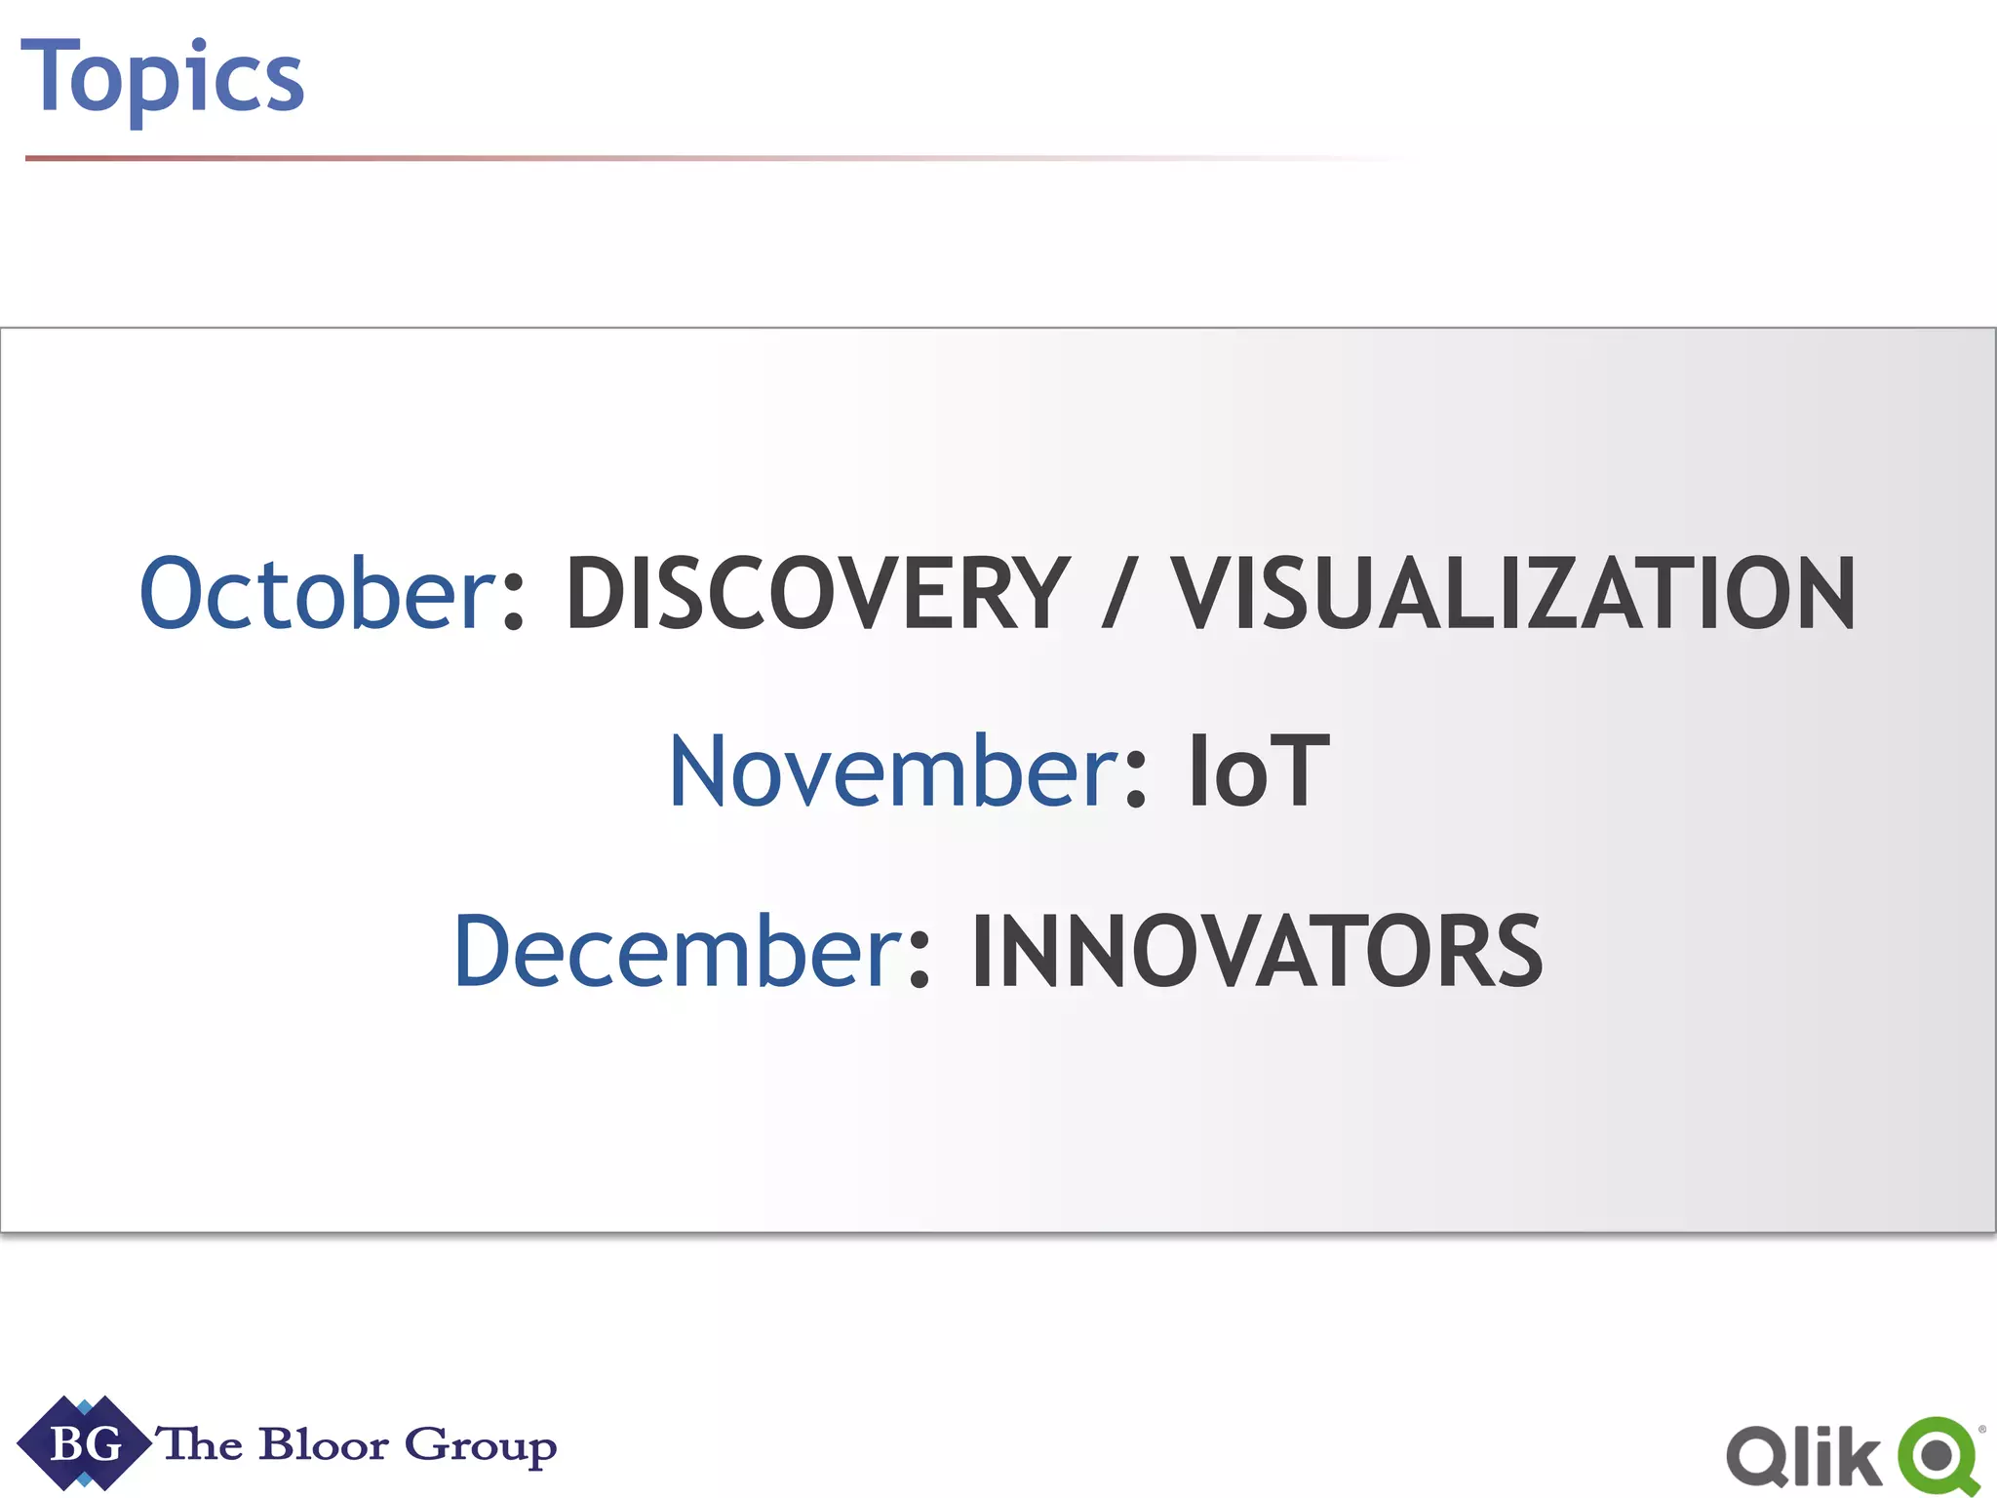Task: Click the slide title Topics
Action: (x=162, y=78)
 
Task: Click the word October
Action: (x=318, y=593)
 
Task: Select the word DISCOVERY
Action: (x=817, y=593)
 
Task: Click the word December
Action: (x=679, y=952)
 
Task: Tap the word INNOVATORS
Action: (x=1256, y=952)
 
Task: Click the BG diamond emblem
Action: (x=84, y=1443)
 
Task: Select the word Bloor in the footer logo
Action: (x=324, y=1445)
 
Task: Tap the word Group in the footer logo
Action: (x=480, y=1447)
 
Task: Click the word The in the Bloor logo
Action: (x=201, y=1443)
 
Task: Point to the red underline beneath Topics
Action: (x=585, y=158)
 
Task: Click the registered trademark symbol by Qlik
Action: (x=1981, y=1430)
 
